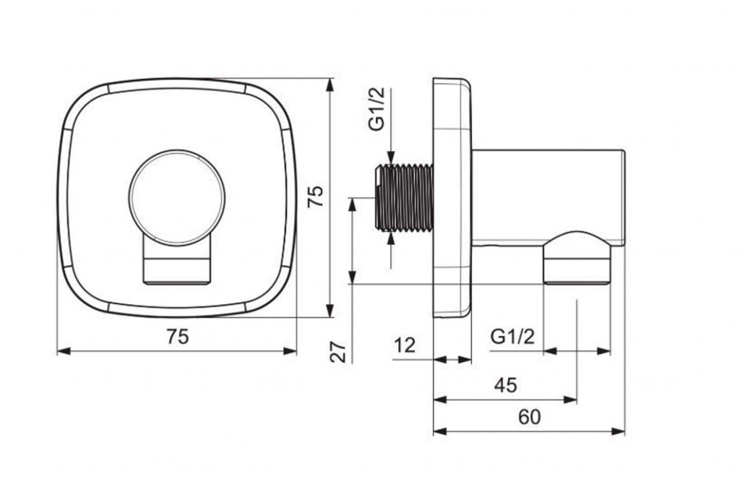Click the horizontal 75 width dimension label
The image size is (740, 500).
[x=178, y=336]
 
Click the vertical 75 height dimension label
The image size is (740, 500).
[x=315, y=196]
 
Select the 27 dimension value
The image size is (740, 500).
[x=338, y=352]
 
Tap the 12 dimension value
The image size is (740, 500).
[x=405, y=345]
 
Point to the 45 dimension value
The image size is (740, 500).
[x=506, y=385]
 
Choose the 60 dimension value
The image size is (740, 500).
[x=530, y=417]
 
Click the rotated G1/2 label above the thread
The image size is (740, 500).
[x=377, y=108]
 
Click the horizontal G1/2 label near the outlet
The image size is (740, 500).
[x=512, y=337]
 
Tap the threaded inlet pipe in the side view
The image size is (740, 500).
[x=404, y=197]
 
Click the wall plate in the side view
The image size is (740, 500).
[x=452, y=197]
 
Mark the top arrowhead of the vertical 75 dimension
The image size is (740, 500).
[x=330, y=85]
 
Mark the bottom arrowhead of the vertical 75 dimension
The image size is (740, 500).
[x=330, y=311]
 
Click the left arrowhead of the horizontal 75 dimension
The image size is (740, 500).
[x=64, y=351]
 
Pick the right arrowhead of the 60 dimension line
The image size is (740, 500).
[x=618, y=431]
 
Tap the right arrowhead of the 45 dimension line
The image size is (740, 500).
[x=570, y=400]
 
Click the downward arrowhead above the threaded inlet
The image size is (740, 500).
[x=391, y=158]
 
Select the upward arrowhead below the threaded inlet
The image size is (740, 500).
[x=391, y=238]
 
